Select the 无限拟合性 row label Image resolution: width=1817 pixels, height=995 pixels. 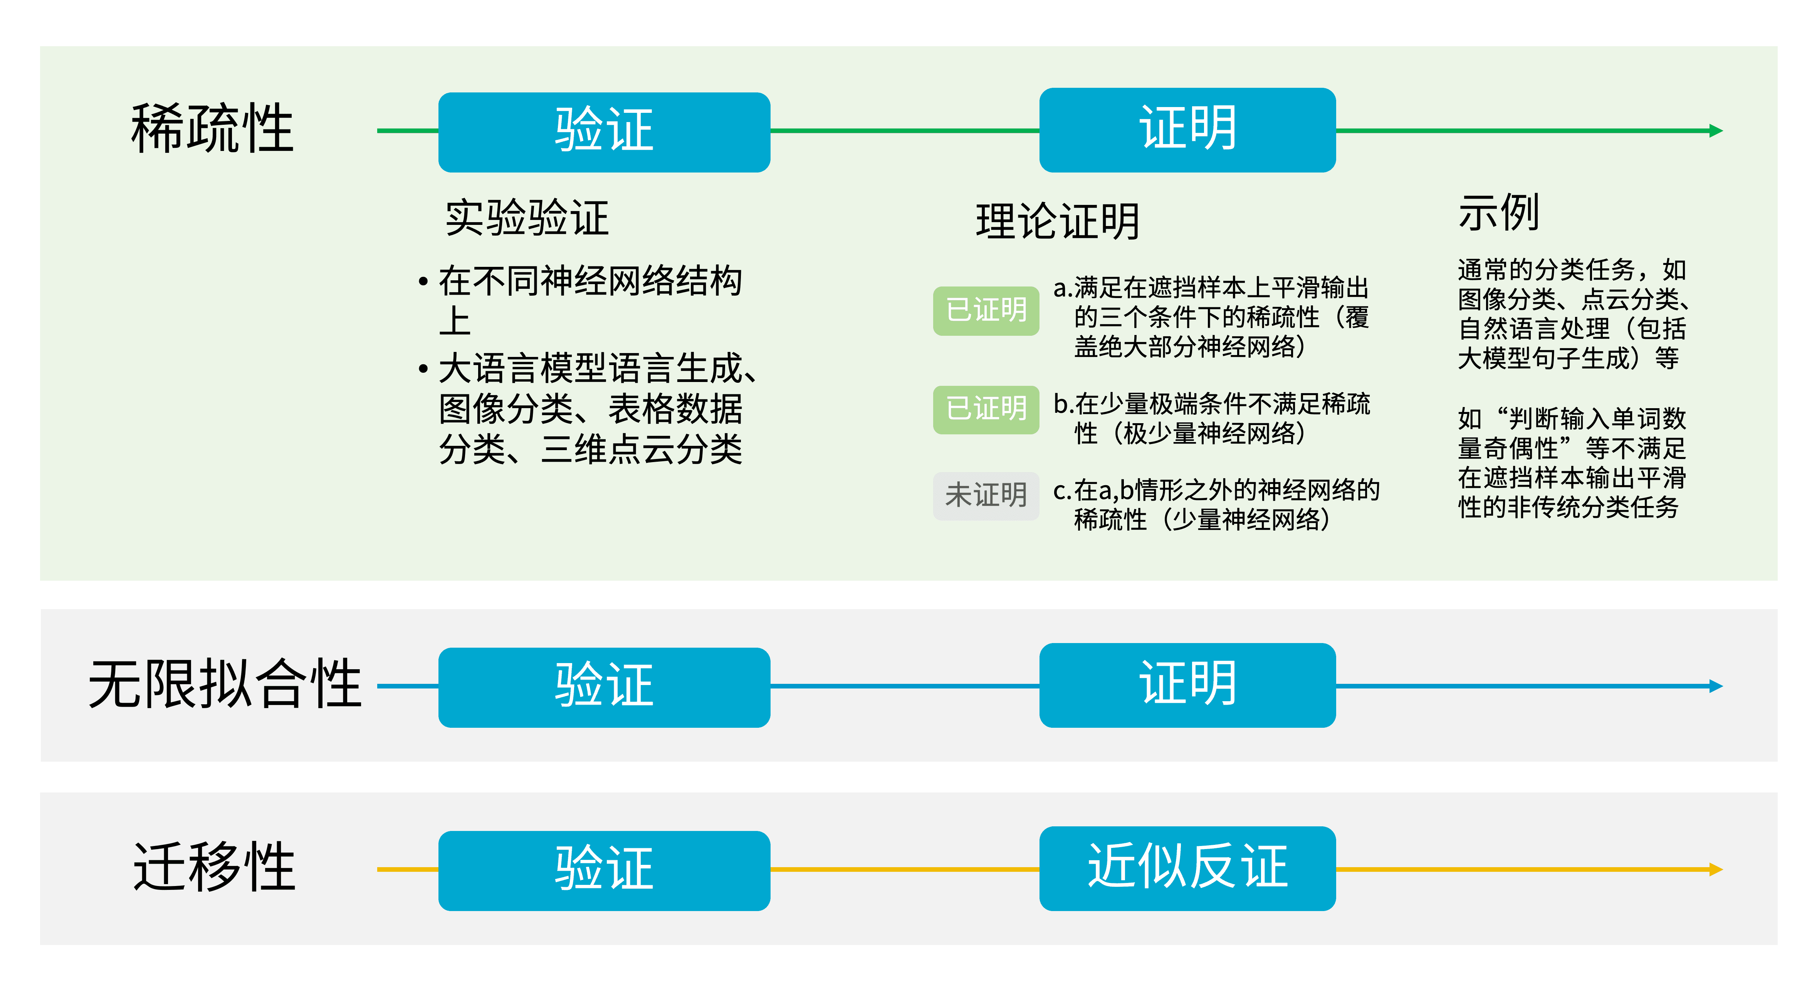[x=224, y=684]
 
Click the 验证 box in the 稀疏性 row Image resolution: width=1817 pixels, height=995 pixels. [x=604, y=132]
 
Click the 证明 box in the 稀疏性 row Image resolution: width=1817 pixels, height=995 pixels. [x=1187, y=130]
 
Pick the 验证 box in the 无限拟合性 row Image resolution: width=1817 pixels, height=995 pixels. [x=604, y=687]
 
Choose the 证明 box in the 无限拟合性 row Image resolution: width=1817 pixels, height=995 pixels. [x=1187, y=685]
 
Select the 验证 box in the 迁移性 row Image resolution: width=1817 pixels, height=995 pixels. [x=604, y=870]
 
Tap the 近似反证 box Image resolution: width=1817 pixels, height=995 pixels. [x=1187, y=868]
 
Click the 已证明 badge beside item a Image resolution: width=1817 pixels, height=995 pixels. [x=986, y=310]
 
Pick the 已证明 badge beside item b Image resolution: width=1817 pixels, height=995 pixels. [x=986, y=409]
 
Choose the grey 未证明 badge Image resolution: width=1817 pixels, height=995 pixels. [x=986, y=496]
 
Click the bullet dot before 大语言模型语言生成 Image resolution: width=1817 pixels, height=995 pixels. [x=423, y=369]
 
